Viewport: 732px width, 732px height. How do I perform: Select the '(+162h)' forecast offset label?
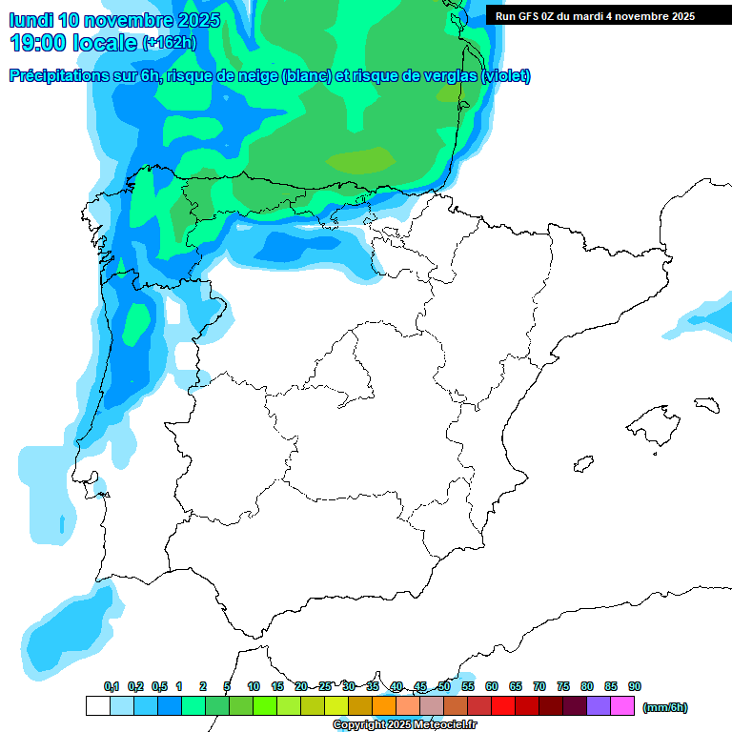pos(168,43)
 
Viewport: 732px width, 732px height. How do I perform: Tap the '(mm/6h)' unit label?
pos(664,707)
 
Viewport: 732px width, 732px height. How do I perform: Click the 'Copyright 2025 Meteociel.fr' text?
pos(404,725)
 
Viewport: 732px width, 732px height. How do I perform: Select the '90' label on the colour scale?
pos(635,687)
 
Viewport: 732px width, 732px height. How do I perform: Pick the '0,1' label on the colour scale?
pos(112,687)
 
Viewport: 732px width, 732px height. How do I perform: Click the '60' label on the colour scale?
pos(492,687)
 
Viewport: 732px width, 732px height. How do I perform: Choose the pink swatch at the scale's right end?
pos(622,706)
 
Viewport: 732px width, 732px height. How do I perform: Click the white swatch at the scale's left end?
pos(97,706)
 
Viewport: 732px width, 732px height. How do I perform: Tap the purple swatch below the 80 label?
pos(599,706)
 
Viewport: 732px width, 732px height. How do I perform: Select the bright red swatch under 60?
pos(503,706)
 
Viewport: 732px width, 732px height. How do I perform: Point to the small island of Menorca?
pos(706,404)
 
